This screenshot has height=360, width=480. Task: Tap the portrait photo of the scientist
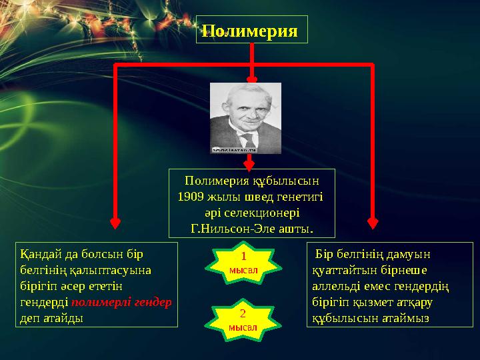tap(245, 118)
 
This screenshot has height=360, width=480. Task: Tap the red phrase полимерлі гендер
tap(121, 302)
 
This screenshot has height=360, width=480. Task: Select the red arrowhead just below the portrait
tap(249, 163)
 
